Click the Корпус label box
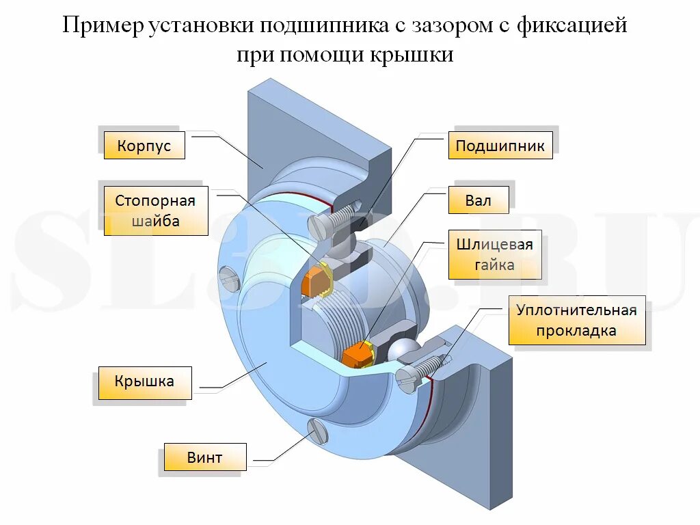pyautogui.click(x=144, y=146)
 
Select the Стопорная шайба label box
pyautogui.click(x=156, y=211)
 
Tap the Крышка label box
pyautogui.click(x=144, y=382)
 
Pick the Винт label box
pyautogui.click(x=204, y=457)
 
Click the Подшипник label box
pyautogui.click(x=500, y=146)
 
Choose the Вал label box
pyautogui.click(x=479, y=202)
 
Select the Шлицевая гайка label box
pyautogui.click(x=494, y=255)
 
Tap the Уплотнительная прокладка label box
pyautogui.click(x=576, y=320)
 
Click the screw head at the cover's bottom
pyautogui.click(x=319, y=431)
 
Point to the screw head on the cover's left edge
pyautogui.click(x=228, y=279)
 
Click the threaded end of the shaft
pyautogui.click(x=342, y=314)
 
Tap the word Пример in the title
pyautogui.click(x=103, y=27)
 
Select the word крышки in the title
pyautogui.click(x=412, y=55)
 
